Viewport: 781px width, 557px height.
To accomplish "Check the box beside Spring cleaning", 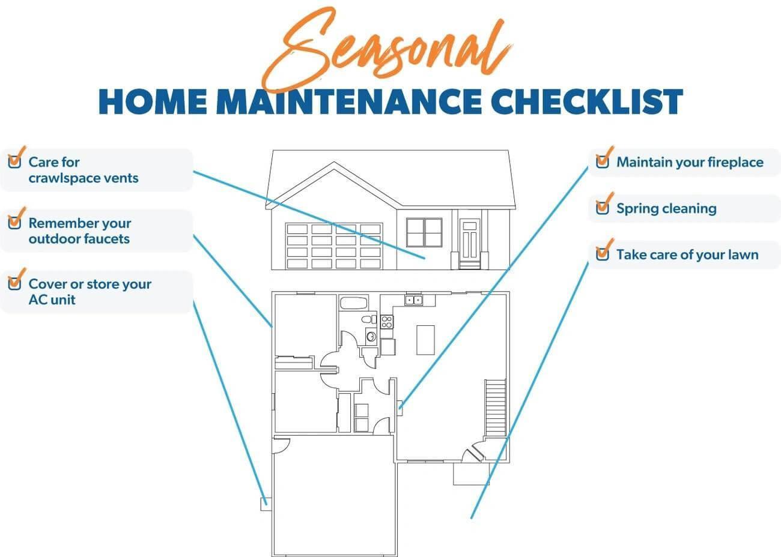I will [602, 208].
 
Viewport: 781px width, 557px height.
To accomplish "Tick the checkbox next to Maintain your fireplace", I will [602, 162].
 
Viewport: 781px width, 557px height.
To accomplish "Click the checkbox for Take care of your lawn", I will [602, 254].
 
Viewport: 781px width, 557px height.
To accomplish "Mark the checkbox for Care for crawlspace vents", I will [14, 162].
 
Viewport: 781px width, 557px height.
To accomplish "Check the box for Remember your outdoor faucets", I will [14, 223].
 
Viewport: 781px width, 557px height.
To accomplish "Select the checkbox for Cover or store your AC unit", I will [14, 284].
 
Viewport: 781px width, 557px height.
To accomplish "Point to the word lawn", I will [743, 254].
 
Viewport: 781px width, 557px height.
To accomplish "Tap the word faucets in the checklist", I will [106, 239].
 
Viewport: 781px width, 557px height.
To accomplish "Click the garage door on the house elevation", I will [334, 245].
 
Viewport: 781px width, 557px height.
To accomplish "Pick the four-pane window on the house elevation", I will [424, 232].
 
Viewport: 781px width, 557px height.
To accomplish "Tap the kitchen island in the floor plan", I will [425, 340].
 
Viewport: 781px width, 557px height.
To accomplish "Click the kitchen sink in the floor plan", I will [413, 300].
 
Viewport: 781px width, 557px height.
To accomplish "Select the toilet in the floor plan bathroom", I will [371, 319].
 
